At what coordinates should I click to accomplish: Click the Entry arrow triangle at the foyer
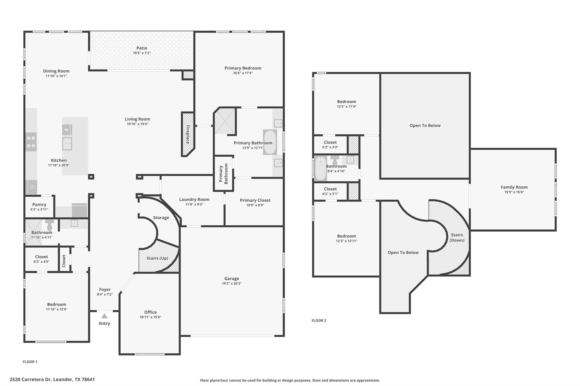coord(104,316)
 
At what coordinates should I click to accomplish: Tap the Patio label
coord(142,48)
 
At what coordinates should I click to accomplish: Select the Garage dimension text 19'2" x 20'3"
coord(232,284)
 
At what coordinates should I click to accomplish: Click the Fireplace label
coord(187,135)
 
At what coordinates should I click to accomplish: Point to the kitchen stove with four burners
coord(31,142)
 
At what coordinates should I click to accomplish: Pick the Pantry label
coord(39,204)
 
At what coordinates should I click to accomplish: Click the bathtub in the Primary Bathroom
coord(270,142)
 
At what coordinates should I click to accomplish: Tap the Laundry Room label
coord(194,199)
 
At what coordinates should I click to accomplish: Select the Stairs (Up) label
coord(157,258)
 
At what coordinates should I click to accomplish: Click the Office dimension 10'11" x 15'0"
coord(150,317)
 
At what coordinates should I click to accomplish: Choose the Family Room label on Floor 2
coord(514,187)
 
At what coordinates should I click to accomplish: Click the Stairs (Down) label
coord(457,238)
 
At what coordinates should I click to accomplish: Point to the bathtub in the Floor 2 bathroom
coord(321,169)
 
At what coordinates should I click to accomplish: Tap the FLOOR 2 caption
coord(319,320)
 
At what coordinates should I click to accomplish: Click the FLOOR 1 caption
coord(30,362)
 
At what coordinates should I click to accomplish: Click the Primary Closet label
coord(255,200)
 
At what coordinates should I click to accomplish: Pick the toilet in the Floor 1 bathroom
coord(50,225)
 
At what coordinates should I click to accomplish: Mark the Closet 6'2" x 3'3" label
coord(330,143)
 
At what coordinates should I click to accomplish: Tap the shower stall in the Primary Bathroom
coord(225,121)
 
